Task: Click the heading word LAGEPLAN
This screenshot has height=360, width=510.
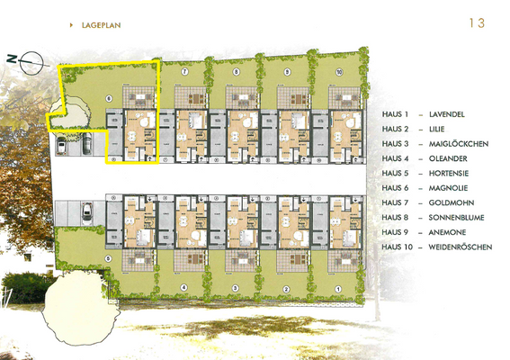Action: [95, 26]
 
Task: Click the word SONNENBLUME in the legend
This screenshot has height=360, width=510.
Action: [459, 231]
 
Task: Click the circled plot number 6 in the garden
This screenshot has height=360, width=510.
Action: [108, 97]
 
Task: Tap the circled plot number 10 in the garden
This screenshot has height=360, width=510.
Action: [340, 70]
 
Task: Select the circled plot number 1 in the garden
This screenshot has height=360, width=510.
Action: [337, 288]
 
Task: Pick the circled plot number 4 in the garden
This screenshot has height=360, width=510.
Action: [183, 288]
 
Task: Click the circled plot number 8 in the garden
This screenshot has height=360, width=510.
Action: [237, 70]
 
